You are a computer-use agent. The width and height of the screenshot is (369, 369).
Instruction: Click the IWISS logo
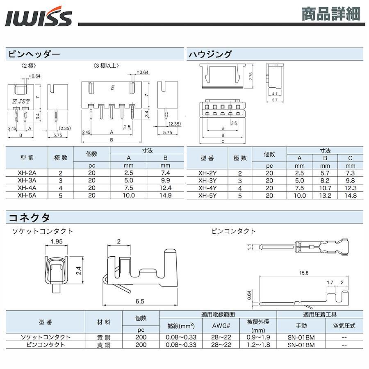39,16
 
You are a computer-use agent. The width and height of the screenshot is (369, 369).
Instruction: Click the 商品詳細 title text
331,14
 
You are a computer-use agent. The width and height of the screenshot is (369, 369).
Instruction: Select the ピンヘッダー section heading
34,54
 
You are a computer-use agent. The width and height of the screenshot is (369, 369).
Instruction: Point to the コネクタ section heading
29,218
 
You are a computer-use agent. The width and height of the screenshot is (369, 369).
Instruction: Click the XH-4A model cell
27,188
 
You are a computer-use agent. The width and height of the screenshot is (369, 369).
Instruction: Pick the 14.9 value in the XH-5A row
165,195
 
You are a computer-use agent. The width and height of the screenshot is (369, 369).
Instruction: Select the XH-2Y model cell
207,173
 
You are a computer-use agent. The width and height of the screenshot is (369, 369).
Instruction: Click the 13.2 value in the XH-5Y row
325,196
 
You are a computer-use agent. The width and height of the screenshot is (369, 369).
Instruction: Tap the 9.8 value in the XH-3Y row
351,180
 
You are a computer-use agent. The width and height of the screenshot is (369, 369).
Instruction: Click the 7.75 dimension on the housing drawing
251,76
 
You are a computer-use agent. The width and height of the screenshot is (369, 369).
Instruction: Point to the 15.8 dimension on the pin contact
303,273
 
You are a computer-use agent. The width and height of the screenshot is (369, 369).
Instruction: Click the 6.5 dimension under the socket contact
140,301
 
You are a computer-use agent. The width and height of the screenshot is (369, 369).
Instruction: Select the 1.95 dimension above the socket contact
57,241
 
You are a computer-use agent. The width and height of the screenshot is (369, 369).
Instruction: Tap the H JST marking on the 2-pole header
21,102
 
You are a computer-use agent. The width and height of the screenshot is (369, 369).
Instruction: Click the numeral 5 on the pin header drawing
112,88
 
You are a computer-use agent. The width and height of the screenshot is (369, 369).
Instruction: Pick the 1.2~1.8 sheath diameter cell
258,345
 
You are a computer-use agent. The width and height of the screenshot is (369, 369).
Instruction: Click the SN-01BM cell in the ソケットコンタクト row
301,337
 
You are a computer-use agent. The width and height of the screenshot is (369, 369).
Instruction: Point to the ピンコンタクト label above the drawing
233,231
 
